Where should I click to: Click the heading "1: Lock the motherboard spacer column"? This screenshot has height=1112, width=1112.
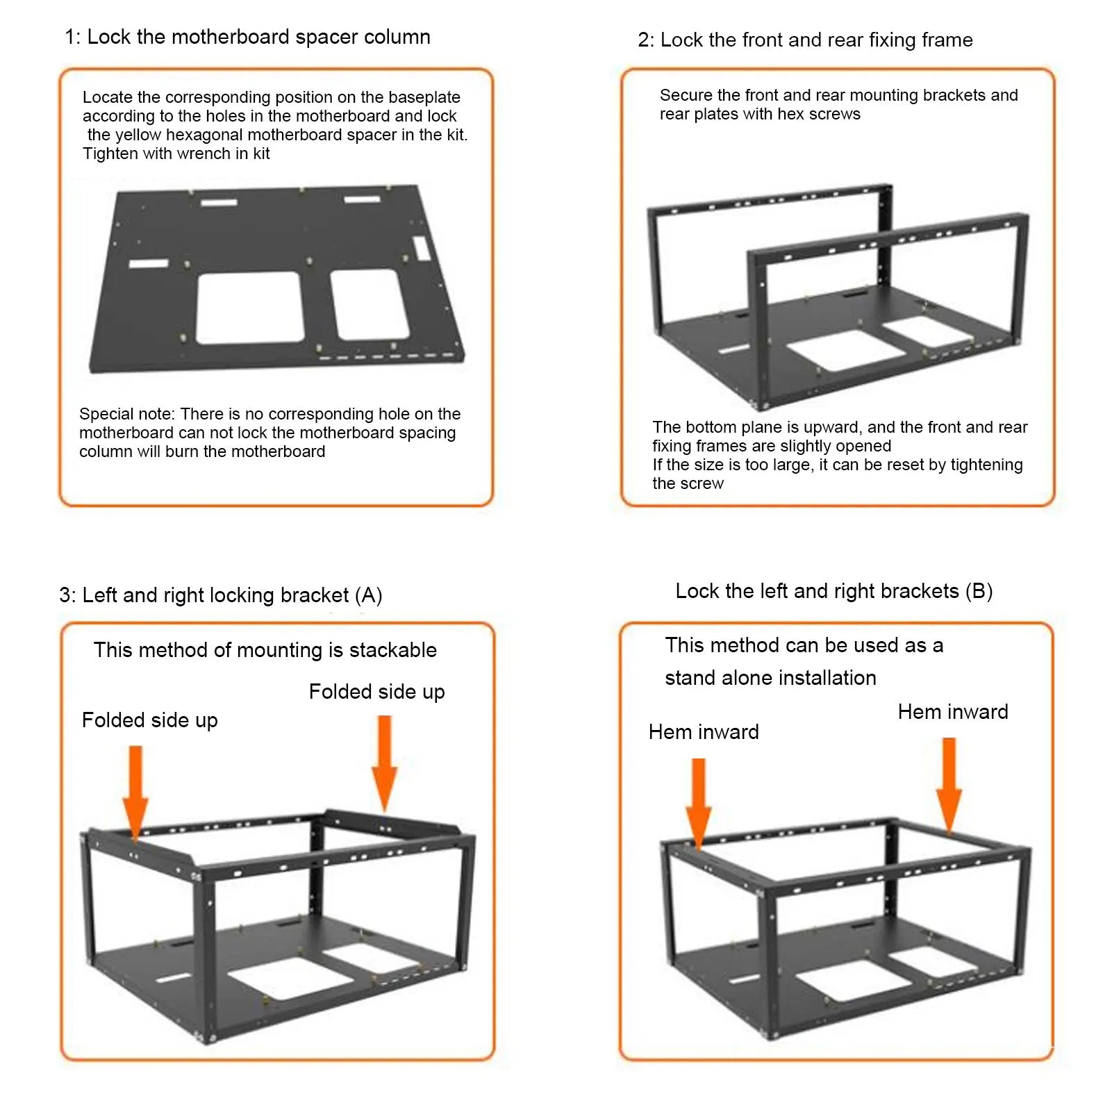(247, 37)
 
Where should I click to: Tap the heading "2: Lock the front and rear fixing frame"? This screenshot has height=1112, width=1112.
(805, 40)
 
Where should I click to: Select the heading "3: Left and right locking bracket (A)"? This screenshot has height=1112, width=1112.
(220, 595)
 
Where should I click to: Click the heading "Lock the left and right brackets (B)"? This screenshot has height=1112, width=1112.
(833, 591)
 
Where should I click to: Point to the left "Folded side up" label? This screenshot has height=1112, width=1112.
(149, 720)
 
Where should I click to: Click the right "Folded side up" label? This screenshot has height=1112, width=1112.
(376, 692)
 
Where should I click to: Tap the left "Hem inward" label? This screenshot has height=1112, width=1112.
(703, 732)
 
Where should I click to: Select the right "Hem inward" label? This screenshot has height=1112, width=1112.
(952, 712)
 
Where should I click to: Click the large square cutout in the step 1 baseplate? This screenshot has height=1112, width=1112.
(250, 308)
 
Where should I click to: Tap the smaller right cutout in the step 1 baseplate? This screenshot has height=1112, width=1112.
(368, 304)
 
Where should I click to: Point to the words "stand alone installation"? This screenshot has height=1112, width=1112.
(770, 678)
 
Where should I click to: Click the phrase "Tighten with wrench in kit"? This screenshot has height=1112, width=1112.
(176, 154)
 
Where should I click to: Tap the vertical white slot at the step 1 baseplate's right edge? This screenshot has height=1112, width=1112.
(421, 248)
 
